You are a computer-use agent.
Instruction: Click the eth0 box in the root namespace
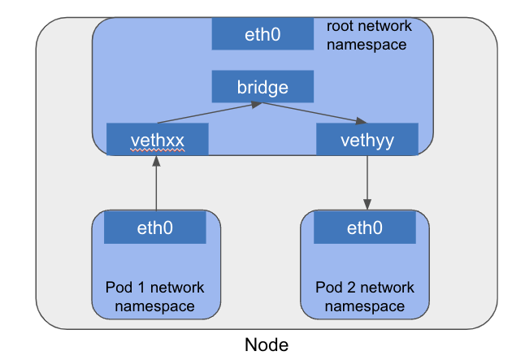pos(262,34)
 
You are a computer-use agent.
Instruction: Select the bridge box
pos(262,85)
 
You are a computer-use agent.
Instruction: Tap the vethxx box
pos(158,140)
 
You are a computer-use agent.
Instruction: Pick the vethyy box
pos(367,140)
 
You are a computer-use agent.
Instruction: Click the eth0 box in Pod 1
pos(154,228)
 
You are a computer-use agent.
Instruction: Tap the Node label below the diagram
pos(267,345)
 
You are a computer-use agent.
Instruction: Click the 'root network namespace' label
pos(368,35)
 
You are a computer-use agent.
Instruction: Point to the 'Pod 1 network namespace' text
pos(154,297)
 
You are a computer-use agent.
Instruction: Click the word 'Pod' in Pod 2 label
pos(328,288)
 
